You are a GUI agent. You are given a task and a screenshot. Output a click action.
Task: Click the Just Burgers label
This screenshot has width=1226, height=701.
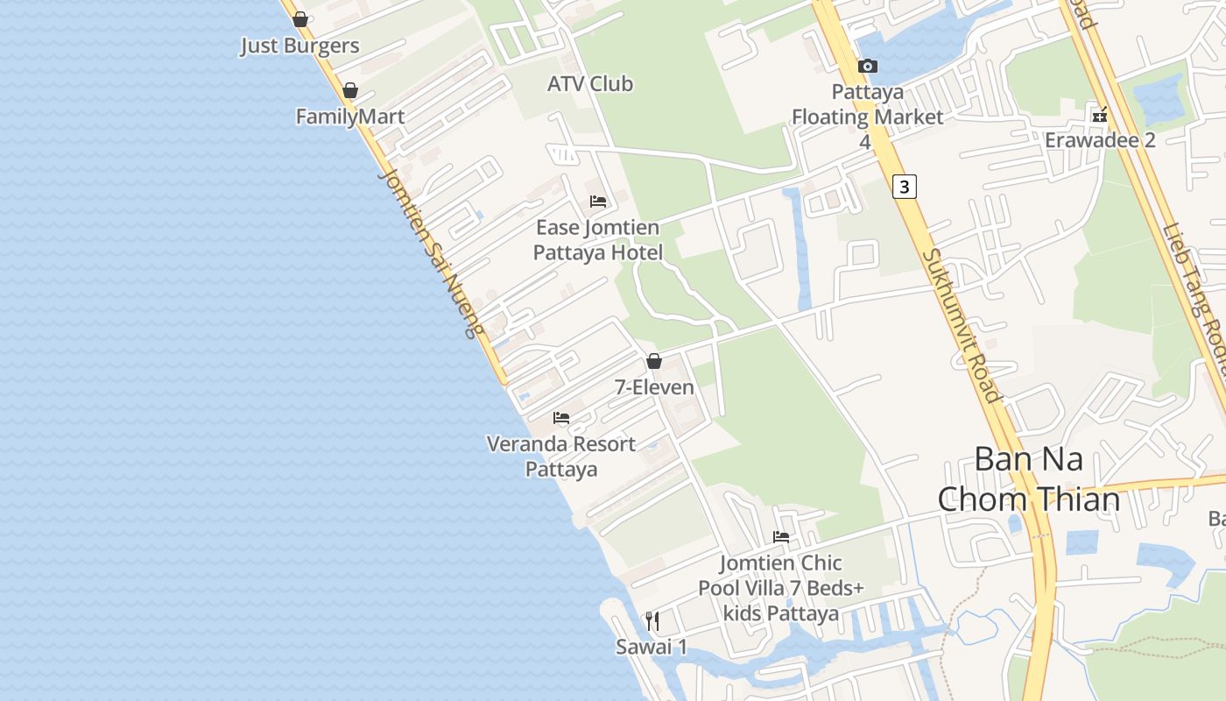point(299,46)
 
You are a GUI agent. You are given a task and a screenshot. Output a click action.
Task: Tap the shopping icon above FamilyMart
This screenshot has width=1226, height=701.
point(350,90)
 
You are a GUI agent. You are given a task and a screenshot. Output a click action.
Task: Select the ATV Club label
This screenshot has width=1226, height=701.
point(589,84)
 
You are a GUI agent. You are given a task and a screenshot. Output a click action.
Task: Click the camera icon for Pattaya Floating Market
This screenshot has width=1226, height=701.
point(868,67)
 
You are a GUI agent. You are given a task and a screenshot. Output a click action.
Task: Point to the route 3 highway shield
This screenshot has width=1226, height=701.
point(905,186)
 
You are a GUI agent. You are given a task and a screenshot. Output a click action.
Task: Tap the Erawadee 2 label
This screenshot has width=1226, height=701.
point(1099,140)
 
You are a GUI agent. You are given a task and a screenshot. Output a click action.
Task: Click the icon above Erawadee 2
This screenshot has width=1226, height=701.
point(1099,115)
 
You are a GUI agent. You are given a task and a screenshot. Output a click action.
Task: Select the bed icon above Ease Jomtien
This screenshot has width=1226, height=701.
point(598,202)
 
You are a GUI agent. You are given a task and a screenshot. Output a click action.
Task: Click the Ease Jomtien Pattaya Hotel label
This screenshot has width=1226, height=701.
point(596,240)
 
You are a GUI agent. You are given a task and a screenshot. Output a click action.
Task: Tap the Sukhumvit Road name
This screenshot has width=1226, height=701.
point(962,325)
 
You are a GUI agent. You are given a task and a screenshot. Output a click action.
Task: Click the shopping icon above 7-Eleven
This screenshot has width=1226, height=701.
point(654,361)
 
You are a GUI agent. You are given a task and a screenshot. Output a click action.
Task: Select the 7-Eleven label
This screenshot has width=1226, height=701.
point(654,386)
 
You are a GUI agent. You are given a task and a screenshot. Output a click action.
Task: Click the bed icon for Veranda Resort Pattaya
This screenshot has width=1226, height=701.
point(561,418)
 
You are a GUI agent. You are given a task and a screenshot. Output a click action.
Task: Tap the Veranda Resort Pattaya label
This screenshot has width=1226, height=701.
point(561,456)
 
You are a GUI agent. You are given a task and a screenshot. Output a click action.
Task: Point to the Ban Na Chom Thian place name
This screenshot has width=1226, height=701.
point(1028,479)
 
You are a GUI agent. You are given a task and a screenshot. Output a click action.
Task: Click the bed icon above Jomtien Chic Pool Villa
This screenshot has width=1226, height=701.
point(781,537)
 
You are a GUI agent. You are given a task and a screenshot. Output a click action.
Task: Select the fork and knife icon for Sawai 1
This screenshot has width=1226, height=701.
point(652,621)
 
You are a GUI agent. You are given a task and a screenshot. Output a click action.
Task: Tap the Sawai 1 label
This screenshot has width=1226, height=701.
point(652,648)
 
